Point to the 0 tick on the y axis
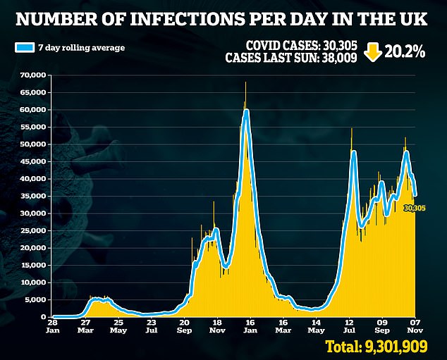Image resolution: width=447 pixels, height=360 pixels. [x=43, y=317]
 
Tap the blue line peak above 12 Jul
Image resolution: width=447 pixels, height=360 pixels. [x=353, y=152]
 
